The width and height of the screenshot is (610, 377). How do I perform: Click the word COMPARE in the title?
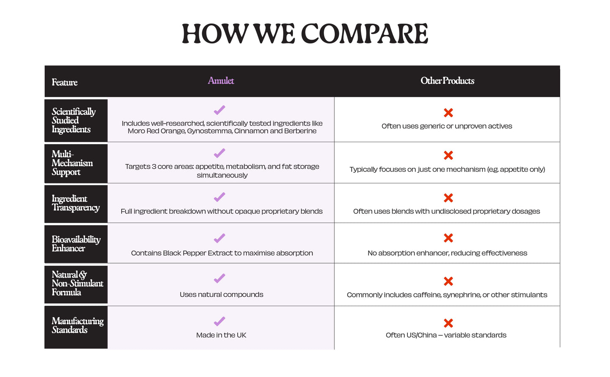(x=365, y=34)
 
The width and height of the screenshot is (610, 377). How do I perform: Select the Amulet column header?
(x=221, y=81)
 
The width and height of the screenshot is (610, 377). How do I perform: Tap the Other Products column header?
(x=447, y=81)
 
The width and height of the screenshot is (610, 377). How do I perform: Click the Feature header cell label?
(x=65, y=82)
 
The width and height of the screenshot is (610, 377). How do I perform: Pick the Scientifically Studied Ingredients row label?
(x=73, y=121)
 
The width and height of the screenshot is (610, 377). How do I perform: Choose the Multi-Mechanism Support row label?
(x=72, y=163)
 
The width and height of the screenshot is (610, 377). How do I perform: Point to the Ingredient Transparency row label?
(x=76, y=203)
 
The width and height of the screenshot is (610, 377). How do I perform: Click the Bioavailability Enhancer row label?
(x=76, y=244)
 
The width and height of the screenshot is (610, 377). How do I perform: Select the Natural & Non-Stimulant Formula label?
(x=78, y=283)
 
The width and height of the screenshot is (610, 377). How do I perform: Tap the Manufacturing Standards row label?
(x=78, y=325)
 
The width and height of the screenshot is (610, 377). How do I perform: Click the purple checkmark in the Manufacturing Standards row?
(x=220, y=321)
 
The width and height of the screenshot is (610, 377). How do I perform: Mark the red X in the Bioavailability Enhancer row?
(x=448, y=238)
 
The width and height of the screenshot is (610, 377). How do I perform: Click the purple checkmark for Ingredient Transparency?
(x=220, y=197)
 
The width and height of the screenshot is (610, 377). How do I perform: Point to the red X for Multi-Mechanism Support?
(x=448, y=156)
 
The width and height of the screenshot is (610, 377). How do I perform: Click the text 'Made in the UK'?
(x=221, y=335)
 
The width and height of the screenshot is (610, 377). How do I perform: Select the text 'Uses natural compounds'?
(x=221, y=295)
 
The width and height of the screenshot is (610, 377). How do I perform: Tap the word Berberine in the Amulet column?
(x=300, y=131)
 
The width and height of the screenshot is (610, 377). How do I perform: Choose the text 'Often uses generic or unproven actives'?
(x=447, y=126)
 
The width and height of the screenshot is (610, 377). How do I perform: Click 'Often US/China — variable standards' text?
(x=446, y=335)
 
